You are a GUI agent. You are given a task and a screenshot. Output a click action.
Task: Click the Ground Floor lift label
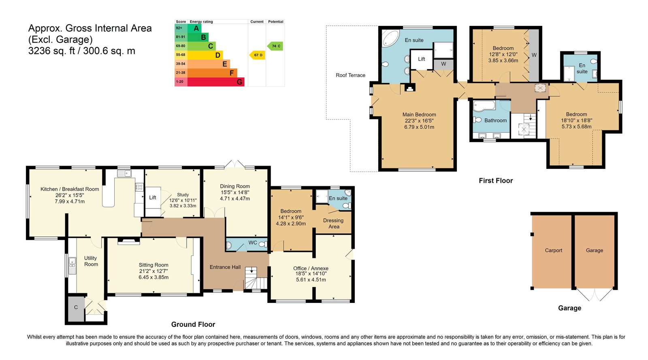pos(152,198)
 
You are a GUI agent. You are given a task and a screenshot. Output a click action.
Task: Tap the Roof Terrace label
pos(350,75)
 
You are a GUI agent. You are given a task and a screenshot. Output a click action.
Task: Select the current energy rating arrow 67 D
pos(257,55)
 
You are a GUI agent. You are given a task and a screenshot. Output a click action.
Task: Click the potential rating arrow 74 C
pos(275,46)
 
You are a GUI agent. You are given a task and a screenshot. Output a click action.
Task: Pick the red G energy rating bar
pos(216,82)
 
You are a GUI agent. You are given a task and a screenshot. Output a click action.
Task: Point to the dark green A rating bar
pos(194,28)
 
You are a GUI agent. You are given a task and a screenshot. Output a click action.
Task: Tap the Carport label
pos(553,250)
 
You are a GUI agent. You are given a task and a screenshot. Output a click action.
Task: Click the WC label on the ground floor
pos(253,243)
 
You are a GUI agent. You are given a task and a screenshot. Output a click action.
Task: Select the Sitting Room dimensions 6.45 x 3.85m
pos(153,277)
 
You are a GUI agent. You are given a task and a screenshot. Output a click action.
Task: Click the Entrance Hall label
pos(225,267)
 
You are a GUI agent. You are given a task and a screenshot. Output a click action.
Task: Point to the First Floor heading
pos(496,181)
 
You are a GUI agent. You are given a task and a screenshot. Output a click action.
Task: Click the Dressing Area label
pos(333,224)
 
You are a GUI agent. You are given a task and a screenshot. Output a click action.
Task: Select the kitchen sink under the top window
pos(124,173)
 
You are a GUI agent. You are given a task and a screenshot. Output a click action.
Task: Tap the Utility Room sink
pos(72,266)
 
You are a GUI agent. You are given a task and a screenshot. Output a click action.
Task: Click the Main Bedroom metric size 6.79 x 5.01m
pos(419,127)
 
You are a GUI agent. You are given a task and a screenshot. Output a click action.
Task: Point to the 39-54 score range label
pos(180,64)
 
